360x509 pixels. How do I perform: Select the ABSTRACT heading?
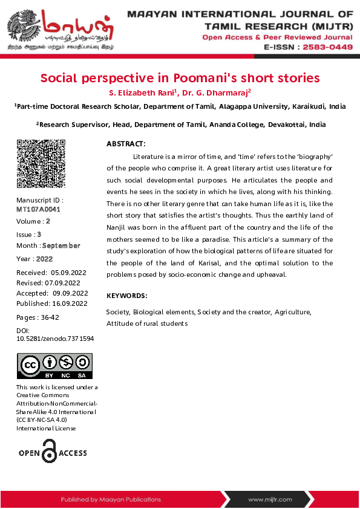coord(126,144)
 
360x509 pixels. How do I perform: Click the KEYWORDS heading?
coord(126,296)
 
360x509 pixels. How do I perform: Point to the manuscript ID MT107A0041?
coord(39,209)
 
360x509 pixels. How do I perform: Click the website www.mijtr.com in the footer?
coord(270,499)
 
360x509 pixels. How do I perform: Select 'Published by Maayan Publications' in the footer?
coord(111,499)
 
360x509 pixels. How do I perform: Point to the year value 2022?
coord(45,259)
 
